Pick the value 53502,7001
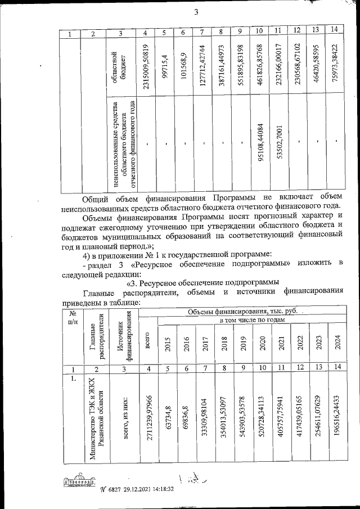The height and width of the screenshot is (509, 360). point(279,147)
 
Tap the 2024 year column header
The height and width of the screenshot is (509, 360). point(337,344)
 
